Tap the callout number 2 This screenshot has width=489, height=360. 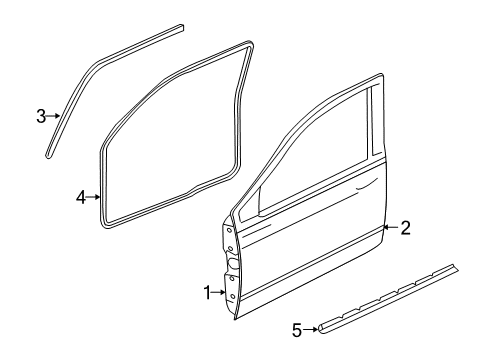pos(405,227)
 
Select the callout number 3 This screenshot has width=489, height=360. pos(41,117)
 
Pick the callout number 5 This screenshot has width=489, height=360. pos(296,328)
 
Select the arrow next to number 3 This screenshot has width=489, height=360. pos(55,117)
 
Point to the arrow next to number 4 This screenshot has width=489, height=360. pos(96,198)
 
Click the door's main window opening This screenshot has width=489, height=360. pos(310,160)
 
